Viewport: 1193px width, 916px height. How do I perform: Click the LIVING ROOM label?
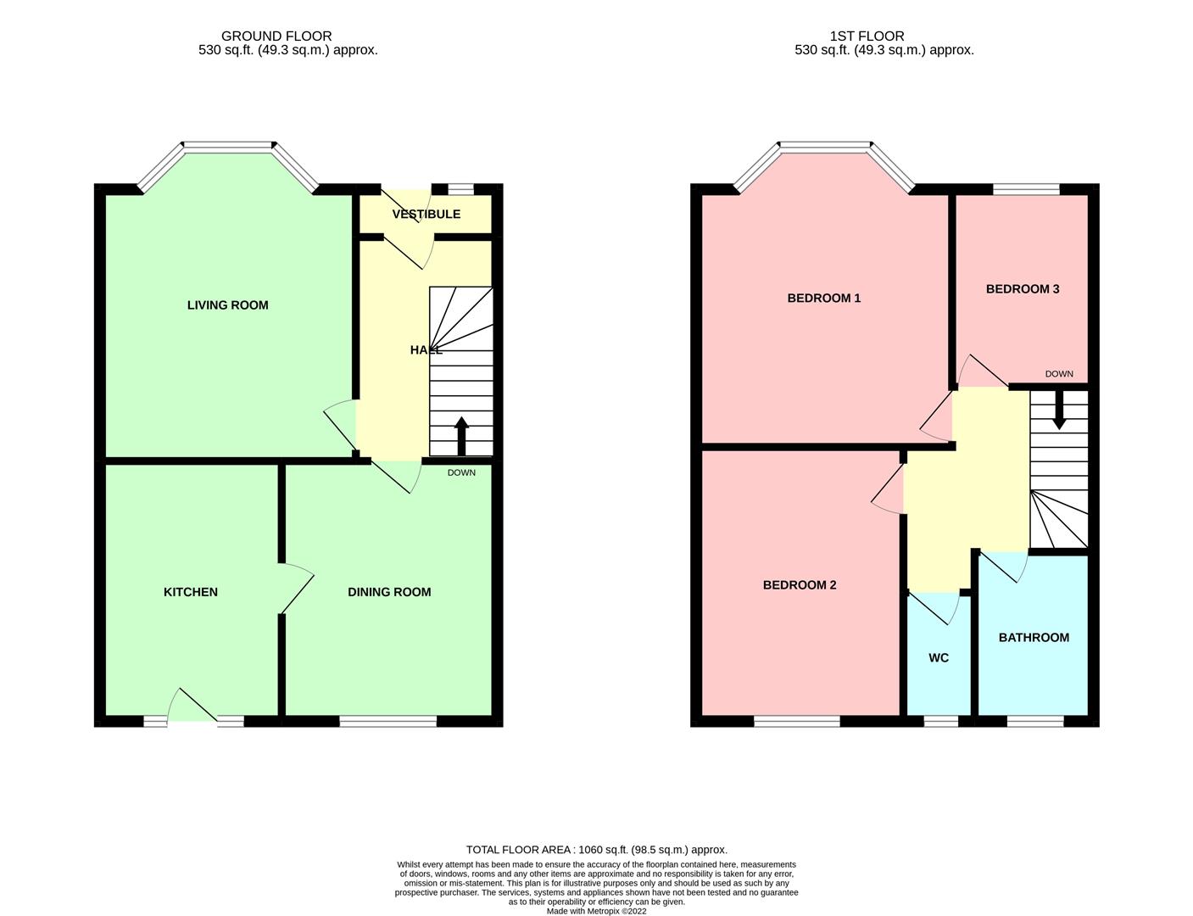click(x=227, y=305)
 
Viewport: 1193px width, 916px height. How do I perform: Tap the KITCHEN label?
click(x=191, y=592)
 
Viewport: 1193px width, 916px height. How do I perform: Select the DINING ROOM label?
click(x=389, y=592)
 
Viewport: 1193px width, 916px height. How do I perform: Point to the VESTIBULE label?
click(x=426, y=215)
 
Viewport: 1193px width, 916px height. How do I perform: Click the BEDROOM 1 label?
click(x=823, y=299)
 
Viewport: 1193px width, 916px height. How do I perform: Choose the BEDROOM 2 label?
click(x=800, y=585)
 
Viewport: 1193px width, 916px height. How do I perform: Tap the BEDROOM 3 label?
click(x=1023, y=289)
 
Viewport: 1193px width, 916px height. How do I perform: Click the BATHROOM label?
click(x=1034, y=638)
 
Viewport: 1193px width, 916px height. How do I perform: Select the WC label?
click(x=939, y=658)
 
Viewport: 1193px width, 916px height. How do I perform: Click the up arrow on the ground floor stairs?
click(x=461, y=437)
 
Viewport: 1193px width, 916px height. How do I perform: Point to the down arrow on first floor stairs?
click(x=1059, y=410)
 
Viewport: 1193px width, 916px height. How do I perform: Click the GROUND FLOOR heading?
click(x=276, y=36)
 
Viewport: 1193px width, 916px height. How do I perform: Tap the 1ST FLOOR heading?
click(x=867, y=36)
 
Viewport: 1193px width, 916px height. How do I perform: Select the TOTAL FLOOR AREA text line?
click(x=597, y=850)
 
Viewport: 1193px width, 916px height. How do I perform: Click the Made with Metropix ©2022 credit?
click(x=596, y=911)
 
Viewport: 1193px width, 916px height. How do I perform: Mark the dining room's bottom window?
click(x=388, y=721)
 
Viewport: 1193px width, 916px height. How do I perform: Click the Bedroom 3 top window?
click(x=1026, y=189)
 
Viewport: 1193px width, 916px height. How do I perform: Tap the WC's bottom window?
click(x=941, y=721)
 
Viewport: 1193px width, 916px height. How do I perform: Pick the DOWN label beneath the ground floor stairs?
click(x=461, y=472)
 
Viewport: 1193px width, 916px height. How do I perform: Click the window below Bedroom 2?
click(x=797, y=721)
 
